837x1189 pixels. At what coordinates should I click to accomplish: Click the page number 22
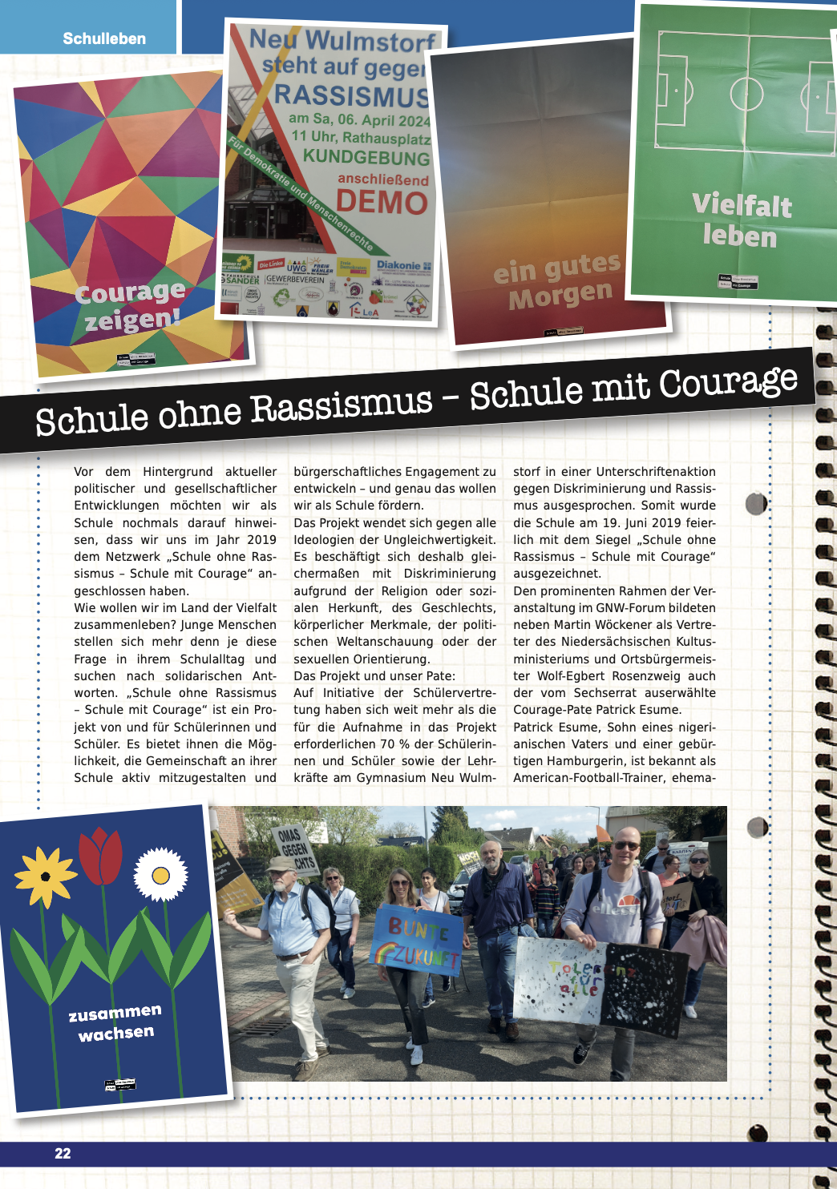[63, 1154]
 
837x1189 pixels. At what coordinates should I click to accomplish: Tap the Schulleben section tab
[104, 38]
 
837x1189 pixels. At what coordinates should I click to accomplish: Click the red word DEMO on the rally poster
[382, 202]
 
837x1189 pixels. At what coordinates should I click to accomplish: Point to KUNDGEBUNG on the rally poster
[366, 157]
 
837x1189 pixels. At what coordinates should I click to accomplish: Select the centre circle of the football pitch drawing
[746, 94]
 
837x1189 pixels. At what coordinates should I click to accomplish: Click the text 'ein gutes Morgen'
[558, 281]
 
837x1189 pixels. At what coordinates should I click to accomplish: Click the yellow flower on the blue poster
[46, 877]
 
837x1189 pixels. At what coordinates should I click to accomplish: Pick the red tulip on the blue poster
[101, 855]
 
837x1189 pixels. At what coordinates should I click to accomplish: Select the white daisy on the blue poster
[160, 874]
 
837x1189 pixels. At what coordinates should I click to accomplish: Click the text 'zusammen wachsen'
[115, 1023]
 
